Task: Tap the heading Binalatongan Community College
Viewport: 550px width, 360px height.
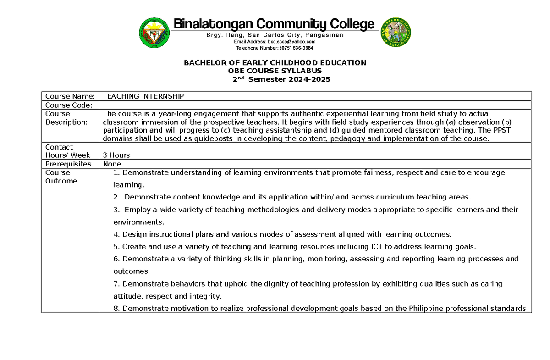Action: coord(274,24)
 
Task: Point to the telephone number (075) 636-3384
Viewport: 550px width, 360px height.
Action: coord(294,48)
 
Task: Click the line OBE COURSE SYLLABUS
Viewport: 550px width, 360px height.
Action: coord(275,71)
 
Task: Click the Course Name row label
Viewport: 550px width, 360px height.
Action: coord(70,96)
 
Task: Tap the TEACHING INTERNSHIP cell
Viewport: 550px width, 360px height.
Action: coord(143,96)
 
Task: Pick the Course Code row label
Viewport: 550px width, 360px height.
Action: coord(69,105)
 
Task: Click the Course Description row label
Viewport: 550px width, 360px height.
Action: coord(66,118)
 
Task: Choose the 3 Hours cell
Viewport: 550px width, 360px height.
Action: coord(116,155)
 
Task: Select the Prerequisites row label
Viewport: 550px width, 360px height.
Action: coord(68,164)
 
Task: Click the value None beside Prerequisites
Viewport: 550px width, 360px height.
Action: coord(112,164)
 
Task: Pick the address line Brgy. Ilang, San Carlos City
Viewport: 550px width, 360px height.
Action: coord(266,35)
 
